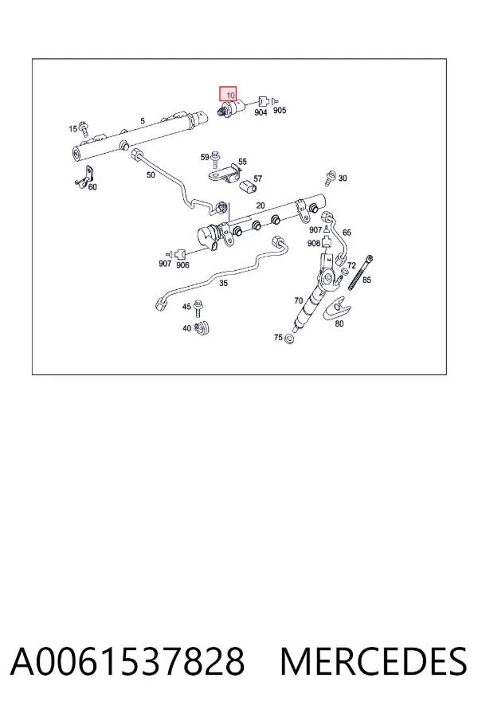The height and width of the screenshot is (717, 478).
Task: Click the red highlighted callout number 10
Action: tap(228, 94)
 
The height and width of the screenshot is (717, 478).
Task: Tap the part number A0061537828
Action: tap(127, 661)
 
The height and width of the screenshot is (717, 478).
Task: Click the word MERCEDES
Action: tap(374, 661)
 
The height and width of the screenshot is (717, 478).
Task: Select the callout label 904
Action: tap(261, 112)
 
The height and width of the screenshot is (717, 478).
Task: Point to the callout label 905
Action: tap(280, 110)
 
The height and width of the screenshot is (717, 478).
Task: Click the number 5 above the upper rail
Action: tap(143, 121)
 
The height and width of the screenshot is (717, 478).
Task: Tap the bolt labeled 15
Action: tap(84, 129)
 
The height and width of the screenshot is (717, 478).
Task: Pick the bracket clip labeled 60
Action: tap(84, 177)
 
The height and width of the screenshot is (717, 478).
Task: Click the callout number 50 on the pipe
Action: tap(151, 174)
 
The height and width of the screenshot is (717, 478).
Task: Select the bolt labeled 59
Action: tap(215, 159)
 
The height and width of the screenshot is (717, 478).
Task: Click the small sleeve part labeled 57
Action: tap(246, 187)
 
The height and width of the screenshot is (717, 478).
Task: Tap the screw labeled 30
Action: tap(329, 178)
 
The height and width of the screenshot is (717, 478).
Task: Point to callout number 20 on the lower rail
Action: tap(261, 206)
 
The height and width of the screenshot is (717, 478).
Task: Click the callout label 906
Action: tap(182, 265)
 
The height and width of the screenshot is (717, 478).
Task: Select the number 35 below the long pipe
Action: tap(223, 284)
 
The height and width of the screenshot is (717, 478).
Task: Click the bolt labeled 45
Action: tap(198, 308)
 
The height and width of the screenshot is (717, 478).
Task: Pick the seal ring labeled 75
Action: tap(288, 339)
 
